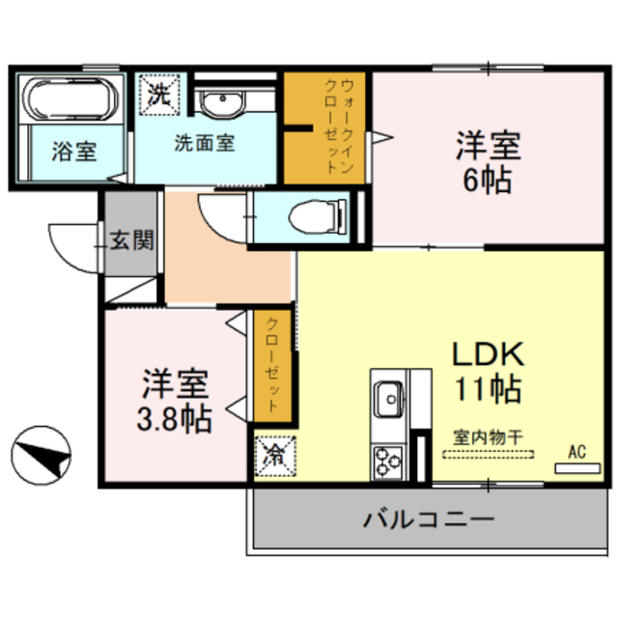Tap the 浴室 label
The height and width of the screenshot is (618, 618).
tap(73, 152)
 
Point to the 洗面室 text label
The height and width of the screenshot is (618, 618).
tap(205, 143)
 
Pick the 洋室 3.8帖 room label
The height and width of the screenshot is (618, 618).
tap(175, 400)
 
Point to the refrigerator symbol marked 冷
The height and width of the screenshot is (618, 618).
tap(273, 452)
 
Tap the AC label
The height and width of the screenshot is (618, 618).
tap(577, 451)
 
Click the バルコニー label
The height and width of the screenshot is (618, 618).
tap(429, 519)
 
